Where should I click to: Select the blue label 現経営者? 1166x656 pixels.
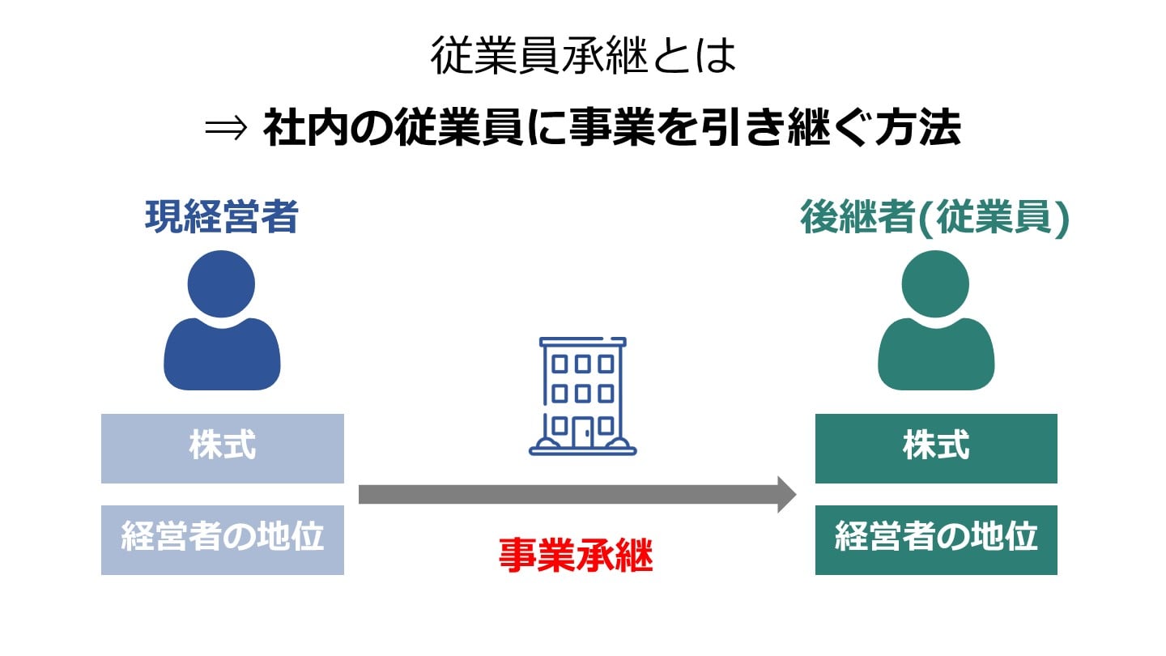coord(221,218)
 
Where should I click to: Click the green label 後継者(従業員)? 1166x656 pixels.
coord(935,218)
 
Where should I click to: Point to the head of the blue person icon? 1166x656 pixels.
coord(221,283)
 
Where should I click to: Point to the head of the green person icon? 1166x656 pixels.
coord(935,283)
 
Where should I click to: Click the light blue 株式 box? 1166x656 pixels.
coord(223,448)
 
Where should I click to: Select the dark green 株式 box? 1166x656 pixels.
coord(936,448)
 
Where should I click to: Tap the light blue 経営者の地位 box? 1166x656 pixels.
coord(223,539)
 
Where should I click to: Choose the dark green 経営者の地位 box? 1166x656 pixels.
coord(936,539)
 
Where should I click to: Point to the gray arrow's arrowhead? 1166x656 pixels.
coord(786,494)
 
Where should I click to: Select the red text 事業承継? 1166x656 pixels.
coord(575,556)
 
